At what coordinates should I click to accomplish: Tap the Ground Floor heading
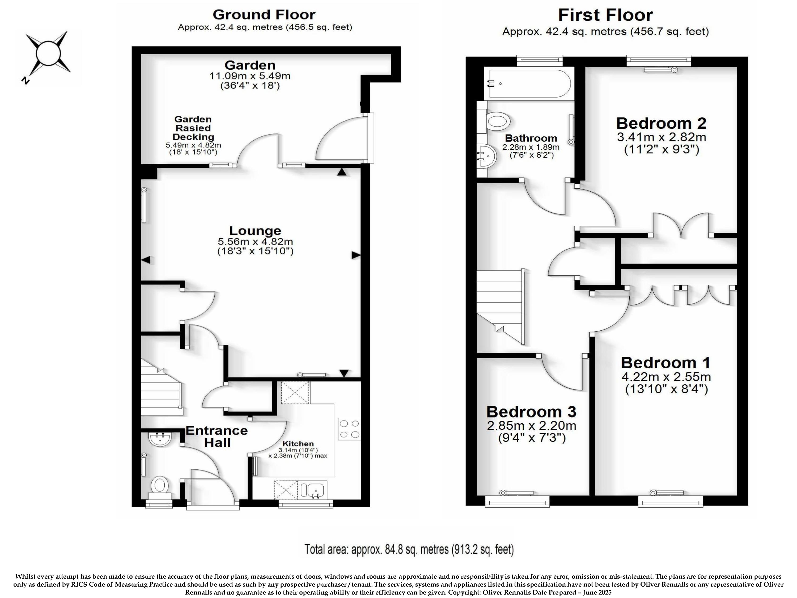click(264, 15)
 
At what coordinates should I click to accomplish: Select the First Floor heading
click(605, 15)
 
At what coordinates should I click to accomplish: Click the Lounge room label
click(255, 231)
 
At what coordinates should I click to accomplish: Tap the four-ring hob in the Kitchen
click(349, 429)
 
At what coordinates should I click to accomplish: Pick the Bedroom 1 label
click(665, 363)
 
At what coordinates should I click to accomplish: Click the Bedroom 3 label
click(531, 412)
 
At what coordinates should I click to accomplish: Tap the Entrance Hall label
click(217, 436)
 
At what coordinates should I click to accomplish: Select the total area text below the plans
click(409, 549)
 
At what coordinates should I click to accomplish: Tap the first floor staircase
click(501, 307)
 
